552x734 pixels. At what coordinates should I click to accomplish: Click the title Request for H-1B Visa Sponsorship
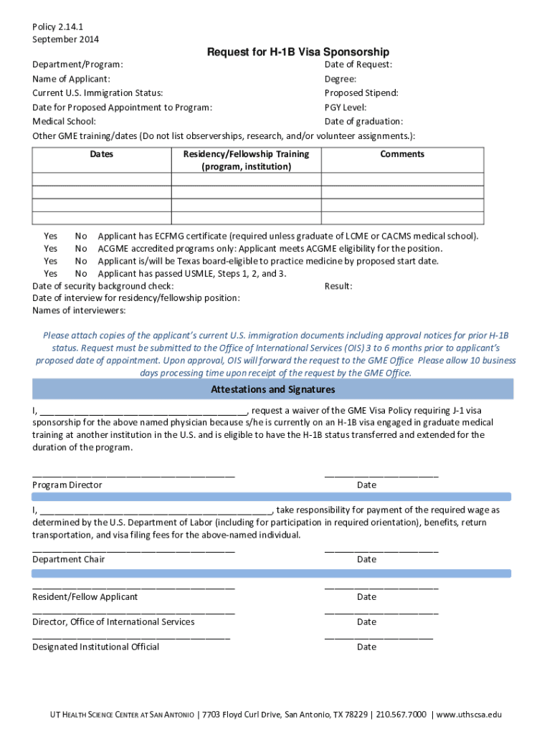[x=298, y=52]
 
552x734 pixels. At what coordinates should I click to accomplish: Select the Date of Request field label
[x=358, y=65]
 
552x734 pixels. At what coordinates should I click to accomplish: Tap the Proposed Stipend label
[x=361, y=93]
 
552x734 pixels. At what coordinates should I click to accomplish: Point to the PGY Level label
[x=346, y=108]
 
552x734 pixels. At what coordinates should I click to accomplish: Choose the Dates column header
[x=101, y=154]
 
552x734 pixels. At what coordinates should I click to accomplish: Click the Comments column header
[x=402, y=154]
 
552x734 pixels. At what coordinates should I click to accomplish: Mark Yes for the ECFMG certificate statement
[x=50, y=236]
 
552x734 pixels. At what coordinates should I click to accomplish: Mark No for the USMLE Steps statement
[x=81, y=274]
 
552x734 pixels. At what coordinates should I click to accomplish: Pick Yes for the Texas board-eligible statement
[x=50, y=261]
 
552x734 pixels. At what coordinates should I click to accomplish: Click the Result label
[x=338, y=286]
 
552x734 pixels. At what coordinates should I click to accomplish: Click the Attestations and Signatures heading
[x=272, y=390]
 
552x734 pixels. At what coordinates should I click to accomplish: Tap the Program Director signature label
[x=67, y=485]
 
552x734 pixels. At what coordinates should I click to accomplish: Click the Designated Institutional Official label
[x=95, y=647]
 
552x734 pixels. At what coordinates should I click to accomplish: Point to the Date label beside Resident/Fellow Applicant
[x=366, y=597]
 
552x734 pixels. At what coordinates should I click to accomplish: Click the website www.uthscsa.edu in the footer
[x=469, y=715]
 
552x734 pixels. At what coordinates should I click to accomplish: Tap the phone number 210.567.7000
[x=401, y=715]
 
